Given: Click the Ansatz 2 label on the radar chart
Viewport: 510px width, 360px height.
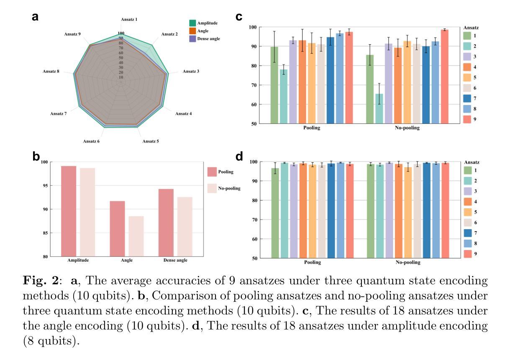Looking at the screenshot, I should point(169,34).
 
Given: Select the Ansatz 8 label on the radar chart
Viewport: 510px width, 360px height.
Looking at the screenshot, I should point(51,71).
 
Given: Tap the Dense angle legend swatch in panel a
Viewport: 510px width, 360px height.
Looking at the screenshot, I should point(192,38).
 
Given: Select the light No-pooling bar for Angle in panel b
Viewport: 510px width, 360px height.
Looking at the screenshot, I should point(136,236).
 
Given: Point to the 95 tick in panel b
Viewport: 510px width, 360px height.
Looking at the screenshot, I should point(46,186).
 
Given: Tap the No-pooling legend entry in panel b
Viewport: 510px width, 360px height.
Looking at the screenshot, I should point(229,189).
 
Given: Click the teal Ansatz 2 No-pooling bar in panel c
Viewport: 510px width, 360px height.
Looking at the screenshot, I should point(379,109).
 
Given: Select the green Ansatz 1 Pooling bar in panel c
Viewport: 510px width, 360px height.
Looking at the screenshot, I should point(274,85).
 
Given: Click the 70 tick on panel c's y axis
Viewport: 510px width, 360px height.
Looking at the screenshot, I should point(253,85).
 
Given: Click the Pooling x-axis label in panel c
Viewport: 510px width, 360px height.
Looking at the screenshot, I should point(312,128).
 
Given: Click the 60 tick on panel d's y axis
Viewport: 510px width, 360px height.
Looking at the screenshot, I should point(253,239).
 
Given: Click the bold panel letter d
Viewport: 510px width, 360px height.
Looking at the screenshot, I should point(239,157).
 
